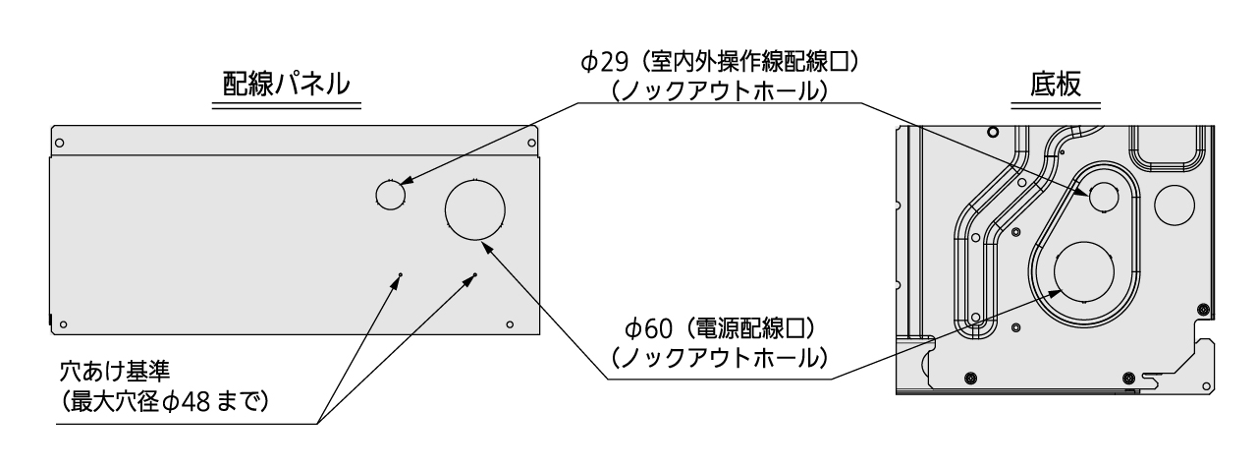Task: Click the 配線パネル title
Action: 286,85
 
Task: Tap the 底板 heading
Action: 1056,85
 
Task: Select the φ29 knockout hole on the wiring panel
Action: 391,195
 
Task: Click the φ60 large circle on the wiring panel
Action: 474,209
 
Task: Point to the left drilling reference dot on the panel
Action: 400,274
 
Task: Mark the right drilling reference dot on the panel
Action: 475,274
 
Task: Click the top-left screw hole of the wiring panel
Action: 60,144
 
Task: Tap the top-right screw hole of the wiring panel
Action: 531,144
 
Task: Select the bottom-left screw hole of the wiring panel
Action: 64,324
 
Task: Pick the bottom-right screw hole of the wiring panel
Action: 510,324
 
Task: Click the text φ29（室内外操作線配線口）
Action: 720,62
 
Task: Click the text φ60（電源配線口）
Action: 720,328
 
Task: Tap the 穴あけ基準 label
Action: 115,372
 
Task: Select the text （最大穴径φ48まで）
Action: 163,402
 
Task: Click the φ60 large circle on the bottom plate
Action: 1083,271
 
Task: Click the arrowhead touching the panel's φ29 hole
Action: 407,181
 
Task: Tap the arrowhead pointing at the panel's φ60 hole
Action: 487,248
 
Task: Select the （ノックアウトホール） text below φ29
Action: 720,91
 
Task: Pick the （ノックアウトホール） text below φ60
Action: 720,358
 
